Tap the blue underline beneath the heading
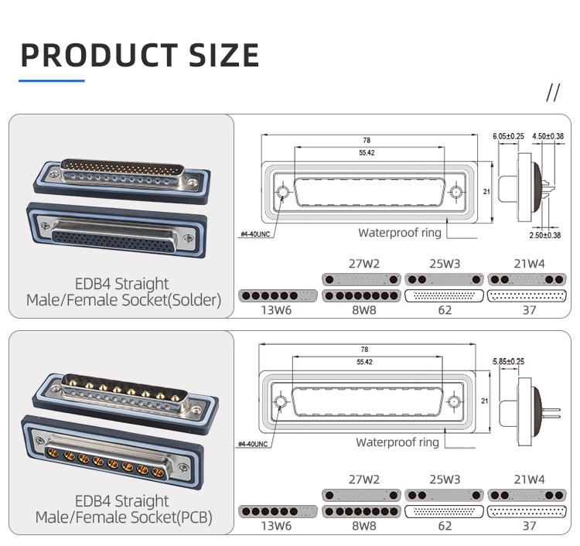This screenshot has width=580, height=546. coord(51,80)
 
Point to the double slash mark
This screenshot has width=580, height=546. coord(552,93)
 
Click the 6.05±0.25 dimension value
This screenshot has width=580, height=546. coord(508,136)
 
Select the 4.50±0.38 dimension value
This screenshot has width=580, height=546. coord(548,136)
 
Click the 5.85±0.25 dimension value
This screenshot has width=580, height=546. coord(509,361)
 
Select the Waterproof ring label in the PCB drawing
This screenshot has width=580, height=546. coord(397,442)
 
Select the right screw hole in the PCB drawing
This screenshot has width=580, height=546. coord(455,401)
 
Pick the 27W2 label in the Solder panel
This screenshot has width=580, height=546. coord(363,264)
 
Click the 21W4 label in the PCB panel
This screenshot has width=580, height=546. coord(529,479)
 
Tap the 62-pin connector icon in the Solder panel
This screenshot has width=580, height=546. coord(444,296)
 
